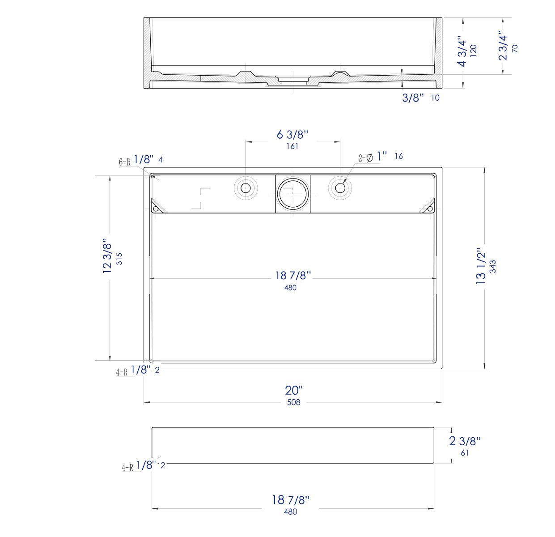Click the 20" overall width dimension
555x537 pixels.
[x=294, y=390]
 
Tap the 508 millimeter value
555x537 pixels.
[x=293, y=402]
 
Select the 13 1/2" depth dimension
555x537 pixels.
[x=481, y=267]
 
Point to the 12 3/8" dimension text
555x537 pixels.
[x=107, y=256]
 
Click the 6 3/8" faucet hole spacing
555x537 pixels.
[x=292, y=134]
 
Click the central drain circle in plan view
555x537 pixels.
[x=292, y=194]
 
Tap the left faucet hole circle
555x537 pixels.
[x=246, y=188]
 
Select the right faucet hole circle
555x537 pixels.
[x=340, y=188]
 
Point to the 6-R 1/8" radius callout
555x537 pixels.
[x=137, y=160]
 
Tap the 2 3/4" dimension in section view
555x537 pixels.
[x=503, y=45]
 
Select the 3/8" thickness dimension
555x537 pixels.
[x=412, y=98]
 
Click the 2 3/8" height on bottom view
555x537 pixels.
[x=465, y=441]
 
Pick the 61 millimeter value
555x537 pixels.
[x=465, y=452]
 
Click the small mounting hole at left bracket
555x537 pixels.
[x=156, y=209]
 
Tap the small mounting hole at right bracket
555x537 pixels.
[x=430, y=209]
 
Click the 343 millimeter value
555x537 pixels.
[x=493, y=266]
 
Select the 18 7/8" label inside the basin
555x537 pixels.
[x=292, y=276]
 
